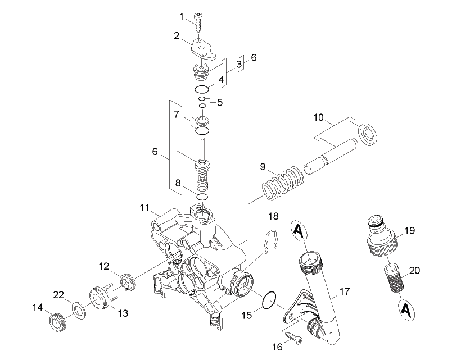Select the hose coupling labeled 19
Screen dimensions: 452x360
point(383,237)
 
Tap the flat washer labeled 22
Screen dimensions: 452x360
point(78,310)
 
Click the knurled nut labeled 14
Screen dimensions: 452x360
point(59,322)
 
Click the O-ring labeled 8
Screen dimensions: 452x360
point(202,197)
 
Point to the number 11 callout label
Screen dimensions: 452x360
point(144,207)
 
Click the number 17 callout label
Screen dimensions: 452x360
point(345,291)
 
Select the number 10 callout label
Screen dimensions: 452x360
point(319,117)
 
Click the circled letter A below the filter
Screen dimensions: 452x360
point(405,310)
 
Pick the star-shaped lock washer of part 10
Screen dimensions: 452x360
point(367,134)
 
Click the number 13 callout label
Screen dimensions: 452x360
point(123,313)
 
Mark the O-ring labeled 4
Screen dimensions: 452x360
point(201,89)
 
